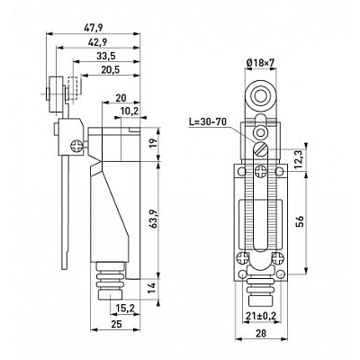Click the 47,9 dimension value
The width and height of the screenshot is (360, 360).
coord(94,28)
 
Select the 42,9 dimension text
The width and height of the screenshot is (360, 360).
coord(98,42)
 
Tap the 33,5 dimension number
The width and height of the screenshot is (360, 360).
coord(106,56)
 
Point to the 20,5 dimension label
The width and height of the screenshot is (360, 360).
coord(111,70)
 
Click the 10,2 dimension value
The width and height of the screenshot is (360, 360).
coord(130,112)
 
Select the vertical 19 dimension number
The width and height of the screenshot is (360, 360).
coord(153,145)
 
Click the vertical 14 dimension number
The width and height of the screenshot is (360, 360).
coord(153,288)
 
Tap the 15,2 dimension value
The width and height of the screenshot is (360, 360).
coord(126,308)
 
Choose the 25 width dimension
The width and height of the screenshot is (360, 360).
coord(116,324)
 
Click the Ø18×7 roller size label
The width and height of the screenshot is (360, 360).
coord(260,63)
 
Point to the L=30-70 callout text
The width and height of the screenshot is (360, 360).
coord(208,121)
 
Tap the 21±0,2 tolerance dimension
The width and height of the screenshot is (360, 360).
coord(261,316)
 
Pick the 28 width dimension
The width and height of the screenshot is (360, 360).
coord(262,333)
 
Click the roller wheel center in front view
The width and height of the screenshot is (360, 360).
coord(260,96)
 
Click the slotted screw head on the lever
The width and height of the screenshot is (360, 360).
coord(260,148)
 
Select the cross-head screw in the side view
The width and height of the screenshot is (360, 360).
coord(76,146)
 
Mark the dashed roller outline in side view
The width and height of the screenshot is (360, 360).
coord(75,88)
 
